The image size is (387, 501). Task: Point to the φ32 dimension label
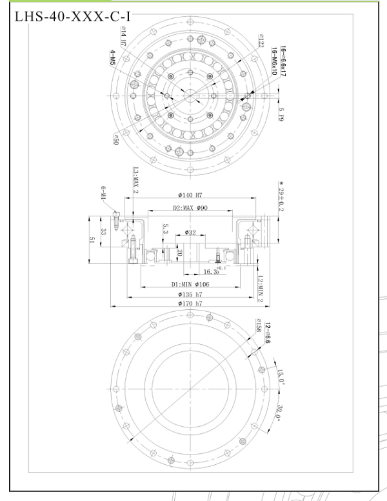point(190,232)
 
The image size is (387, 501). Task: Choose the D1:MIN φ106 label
point(191,285)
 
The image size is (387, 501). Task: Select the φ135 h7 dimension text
point(190,296)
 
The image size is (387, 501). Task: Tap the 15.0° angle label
point(279,374)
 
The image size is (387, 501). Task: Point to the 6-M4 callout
point(104,194)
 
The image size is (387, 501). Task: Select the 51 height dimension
point(91,240)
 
